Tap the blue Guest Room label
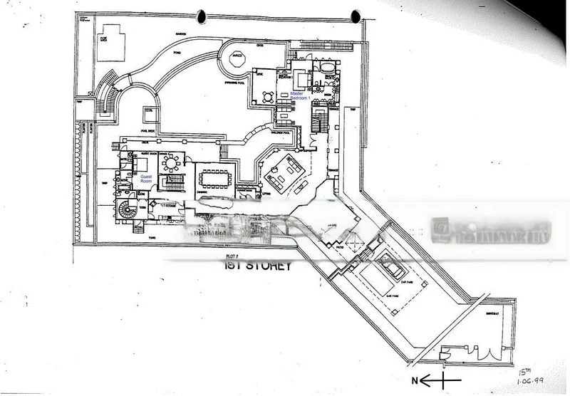click(146, 178)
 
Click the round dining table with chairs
click(172, 163)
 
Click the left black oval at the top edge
click(202, 15)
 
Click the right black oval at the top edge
click(356, 15)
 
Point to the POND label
click(177, 51)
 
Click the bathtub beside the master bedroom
click(327, 69)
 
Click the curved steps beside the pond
click(107, 93)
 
